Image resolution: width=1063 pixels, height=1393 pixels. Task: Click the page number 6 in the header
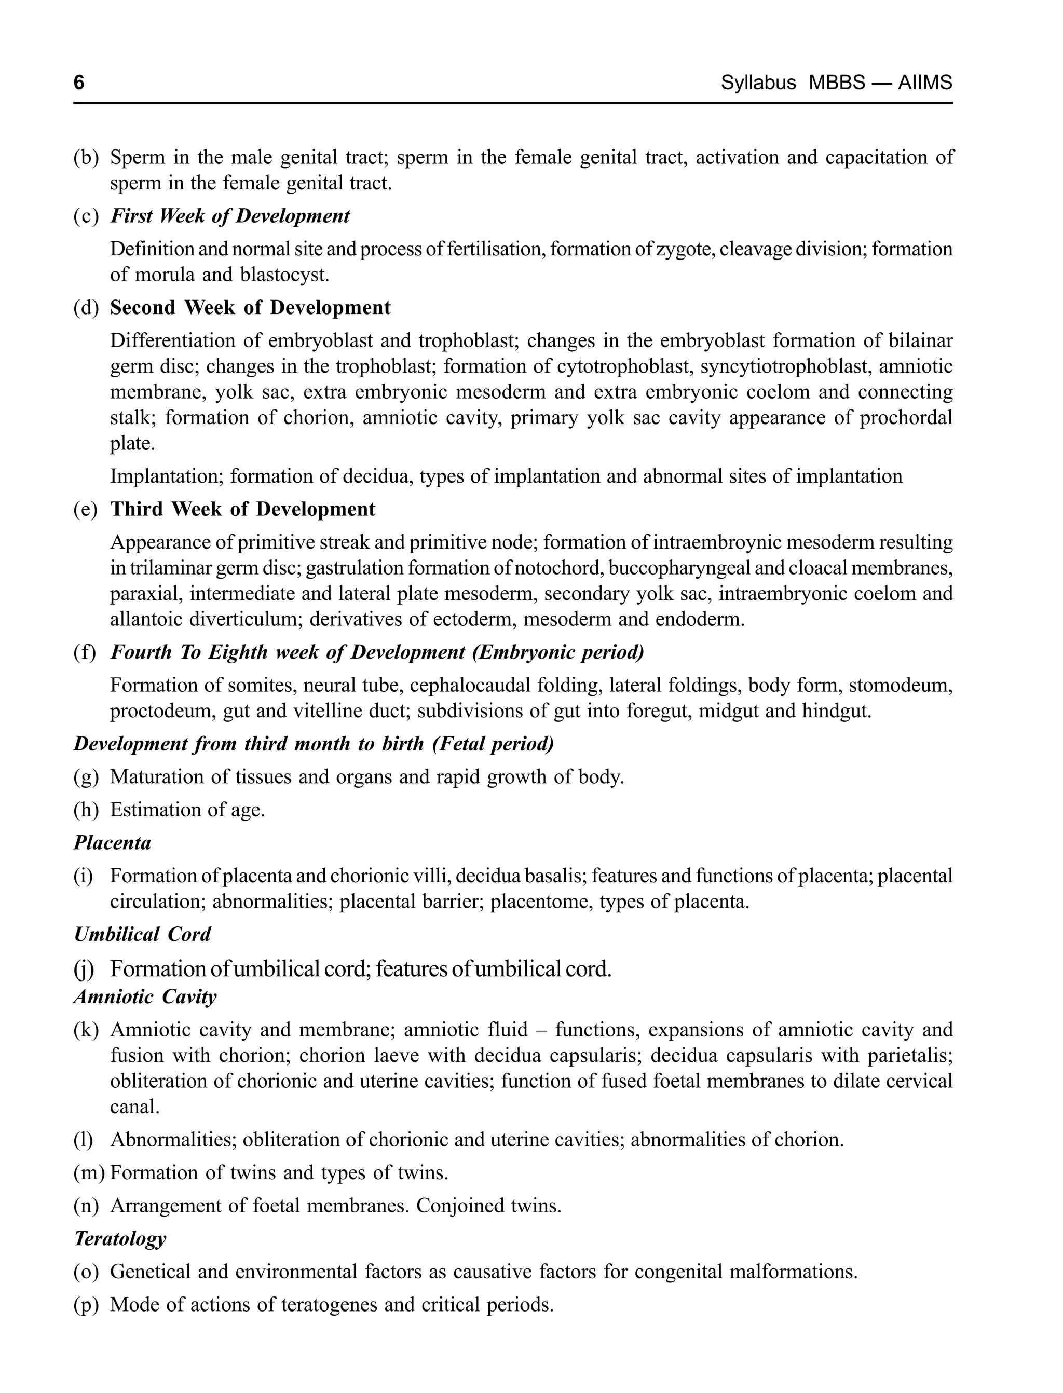pyautogui.click(x=79, y=83)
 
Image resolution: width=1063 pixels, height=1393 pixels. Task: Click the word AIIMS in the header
pyautogui.click(x=924, y=83)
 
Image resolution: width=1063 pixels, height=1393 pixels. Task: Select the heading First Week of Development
pyautogui.click(x=230, y=216)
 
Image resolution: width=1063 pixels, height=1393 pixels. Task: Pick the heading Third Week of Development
pyautogui.click(x=242, y=509)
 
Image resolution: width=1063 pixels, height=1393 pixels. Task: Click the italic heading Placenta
pyautogui.click(x=112, y=843)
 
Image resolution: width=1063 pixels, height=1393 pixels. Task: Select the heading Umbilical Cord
pyautogui.click(x=142, y=934)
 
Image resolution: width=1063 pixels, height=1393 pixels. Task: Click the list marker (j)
pyautogui.click(x=84, y=969)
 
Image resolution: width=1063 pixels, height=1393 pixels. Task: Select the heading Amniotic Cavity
pyautogui.click(x=145, y=997)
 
